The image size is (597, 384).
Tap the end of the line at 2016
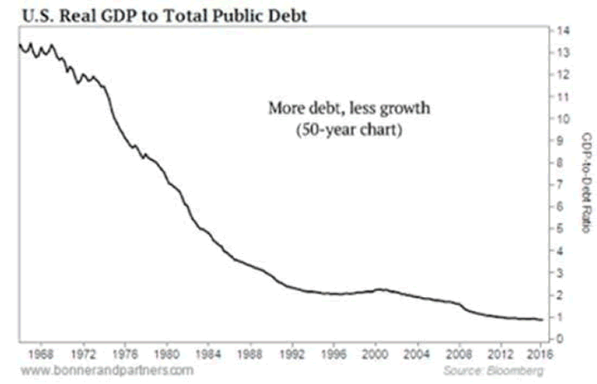541,319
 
